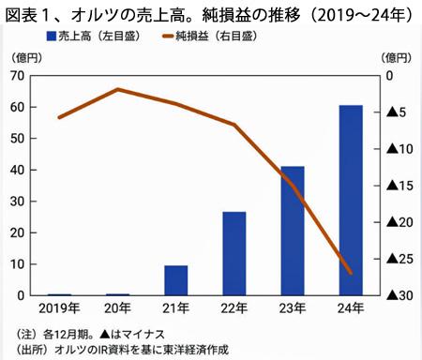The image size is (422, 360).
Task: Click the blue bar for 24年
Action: click(350, 201)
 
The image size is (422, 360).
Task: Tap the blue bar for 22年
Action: click(234, 253)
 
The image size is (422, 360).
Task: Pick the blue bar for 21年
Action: click(176, 280)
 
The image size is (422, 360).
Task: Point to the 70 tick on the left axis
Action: click(18, 76)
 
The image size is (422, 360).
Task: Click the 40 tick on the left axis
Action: click(18, 170)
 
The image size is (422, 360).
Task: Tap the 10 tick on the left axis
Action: click(18, 264)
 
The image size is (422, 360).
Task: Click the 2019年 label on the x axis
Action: click(60, 310)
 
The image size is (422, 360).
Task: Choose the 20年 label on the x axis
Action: click(118, 310)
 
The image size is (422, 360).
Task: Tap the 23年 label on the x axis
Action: click(293, 310)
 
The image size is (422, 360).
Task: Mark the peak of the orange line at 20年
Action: click(118, 89)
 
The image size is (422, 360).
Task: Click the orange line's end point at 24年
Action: click(350, 273)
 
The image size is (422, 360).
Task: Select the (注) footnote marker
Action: click(20, 333)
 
